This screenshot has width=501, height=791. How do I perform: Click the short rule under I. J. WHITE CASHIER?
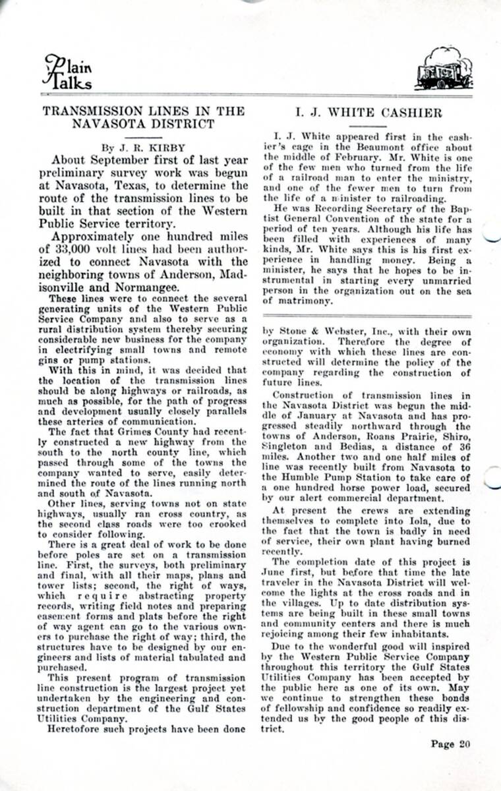point(367,125)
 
